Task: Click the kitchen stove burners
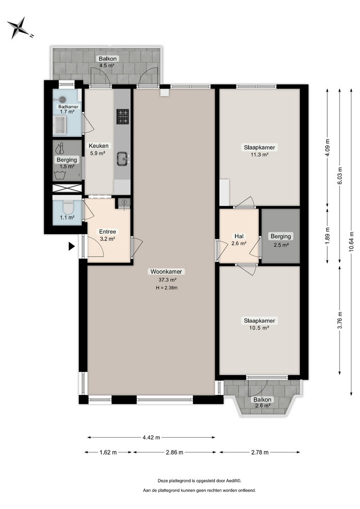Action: [x=123, y=117]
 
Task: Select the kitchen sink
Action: [x=123, y=160]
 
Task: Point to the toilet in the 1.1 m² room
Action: [x=67, y=208]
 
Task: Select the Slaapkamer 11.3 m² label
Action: [x=259, y=151]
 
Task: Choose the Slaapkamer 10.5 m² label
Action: [x=259, y=324]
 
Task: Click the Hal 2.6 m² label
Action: [x=239, y=240]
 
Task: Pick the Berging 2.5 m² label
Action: [x=281, y=240]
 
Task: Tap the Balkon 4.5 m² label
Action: [x=107, y=62]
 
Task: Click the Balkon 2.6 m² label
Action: [x=263, y=403]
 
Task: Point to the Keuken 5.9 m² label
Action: [x=97, y=149]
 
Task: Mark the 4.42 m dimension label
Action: [x=151, y=437]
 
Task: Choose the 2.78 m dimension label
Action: [x=260, y=452]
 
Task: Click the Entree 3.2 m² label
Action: [x=107, y=235]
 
